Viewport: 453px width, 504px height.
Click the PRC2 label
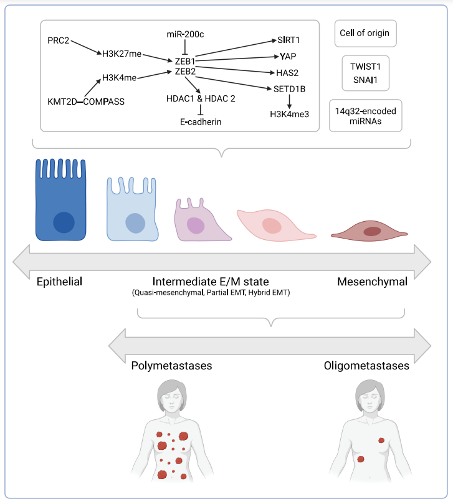59,40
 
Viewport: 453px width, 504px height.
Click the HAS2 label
288,72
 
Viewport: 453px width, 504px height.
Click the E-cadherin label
201,122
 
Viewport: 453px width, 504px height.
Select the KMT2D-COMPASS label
86,101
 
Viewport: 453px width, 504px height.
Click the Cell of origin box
365,33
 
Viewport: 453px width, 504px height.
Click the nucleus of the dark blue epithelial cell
64,222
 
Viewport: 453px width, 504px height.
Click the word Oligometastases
366,366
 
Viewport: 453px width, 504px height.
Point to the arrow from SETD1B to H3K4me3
289,101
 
